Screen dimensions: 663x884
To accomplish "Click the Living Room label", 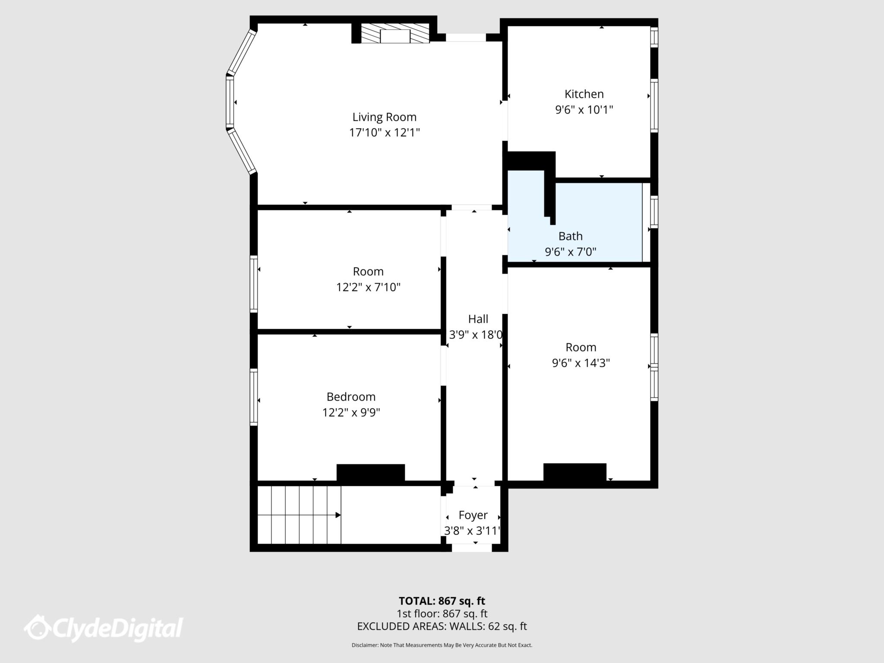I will (x=384, y=117).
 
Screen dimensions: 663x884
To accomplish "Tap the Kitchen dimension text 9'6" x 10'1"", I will (x=584, y=110).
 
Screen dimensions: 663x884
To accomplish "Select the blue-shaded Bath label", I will (x=570, y=236).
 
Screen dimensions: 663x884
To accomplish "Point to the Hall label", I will (x=478, y=319).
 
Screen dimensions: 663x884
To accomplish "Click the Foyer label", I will (x=473, y=515).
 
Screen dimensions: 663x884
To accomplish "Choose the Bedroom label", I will (x=350, y=397).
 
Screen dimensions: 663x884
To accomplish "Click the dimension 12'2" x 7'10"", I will (x=368, y=287).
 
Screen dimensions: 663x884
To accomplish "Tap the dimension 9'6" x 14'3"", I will (x=581, y=363).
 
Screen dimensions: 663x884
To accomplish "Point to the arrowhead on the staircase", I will (x=338, y=515).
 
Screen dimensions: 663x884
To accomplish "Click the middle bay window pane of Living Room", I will (x=230, y=102).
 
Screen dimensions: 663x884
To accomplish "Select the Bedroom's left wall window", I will (x=254, y=397).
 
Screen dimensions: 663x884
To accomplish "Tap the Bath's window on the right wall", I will (x=654, y=212).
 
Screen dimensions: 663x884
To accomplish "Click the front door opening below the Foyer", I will (x=471, y=548).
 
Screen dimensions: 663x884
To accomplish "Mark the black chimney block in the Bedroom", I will (x=370, y=473).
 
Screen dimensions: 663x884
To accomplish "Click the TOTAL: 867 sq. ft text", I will (x=442, y=601).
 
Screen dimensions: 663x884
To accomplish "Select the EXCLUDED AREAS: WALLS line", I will (x=442, y=626).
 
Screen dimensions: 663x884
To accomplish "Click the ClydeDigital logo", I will (x=104, y=628).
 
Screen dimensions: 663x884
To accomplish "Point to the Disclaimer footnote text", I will (x=442, y=645).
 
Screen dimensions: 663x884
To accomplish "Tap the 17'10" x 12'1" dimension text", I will (x=384, y=133).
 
